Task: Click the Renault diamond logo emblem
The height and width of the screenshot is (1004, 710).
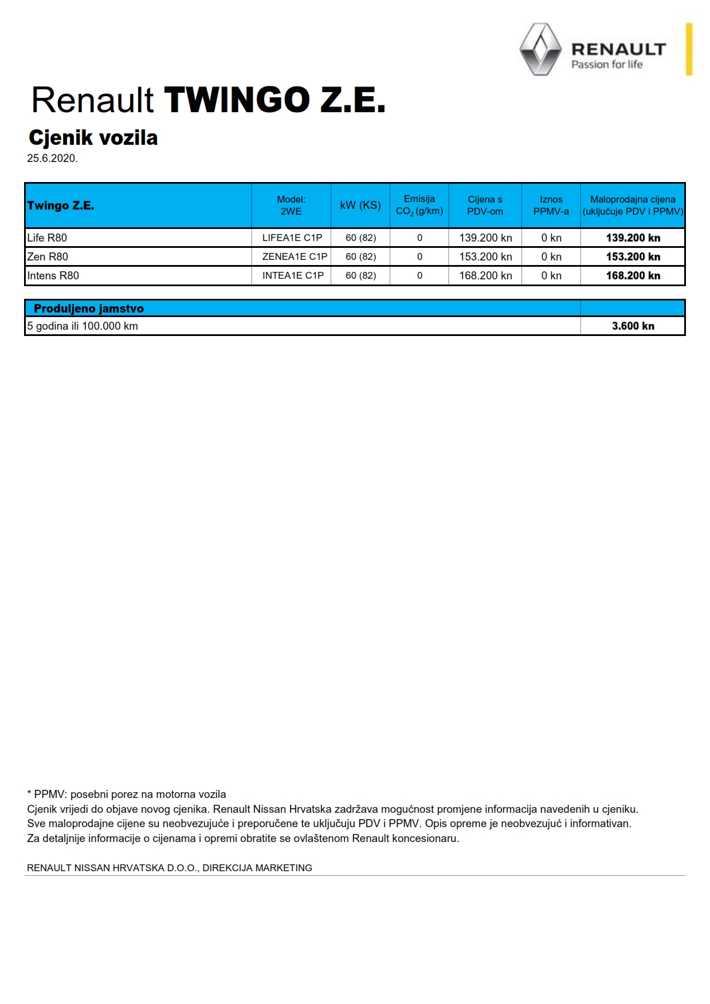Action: click(x=540, y=49)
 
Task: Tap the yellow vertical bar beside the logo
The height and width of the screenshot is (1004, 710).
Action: click(x=689, y=49)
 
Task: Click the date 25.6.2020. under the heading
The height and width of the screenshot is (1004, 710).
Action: click(x=52, y=159)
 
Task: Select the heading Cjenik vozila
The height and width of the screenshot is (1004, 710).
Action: click(x=93, y=137)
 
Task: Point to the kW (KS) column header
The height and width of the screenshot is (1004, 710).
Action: click(x=360, y=205)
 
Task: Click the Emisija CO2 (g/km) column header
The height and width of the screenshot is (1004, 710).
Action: click(x=419, y=205)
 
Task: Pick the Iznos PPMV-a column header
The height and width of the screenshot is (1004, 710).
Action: click(x=551, y=205)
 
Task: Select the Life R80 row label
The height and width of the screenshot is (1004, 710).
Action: click(x=47, y=238)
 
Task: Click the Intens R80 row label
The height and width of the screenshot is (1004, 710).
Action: click(x=53, y=275)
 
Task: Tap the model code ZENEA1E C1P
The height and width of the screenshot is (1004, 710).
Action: click(x=295, y=256)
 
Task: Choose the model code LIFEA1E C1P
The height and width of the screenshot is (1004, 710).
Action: click(x=292, y=238)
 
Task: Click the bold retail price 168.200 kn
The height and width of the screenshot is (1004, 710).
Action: click(x=633, y=275)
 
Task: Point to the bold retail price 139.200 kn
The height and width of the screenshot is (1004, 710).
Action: click(x=633, y=238)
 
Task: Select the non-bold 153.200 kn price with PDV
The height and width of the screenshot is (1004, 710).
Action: click(x=485, y=256)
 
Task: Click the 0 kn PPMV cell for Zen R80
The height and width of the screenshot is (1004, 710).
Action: click(x=551, y=256)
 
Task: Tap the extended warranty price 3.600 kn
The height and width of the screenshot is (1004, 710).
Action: click(x=633, y=326)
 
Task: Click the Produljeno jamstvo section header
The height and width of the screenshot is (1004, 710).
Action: click(x=89, y=309)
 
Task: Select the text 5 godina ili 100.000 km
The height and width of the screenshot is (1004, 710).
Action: click(x=83, y=326)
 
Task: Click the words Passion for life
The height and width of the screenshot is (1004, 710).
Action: click(x=607, y=65)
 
